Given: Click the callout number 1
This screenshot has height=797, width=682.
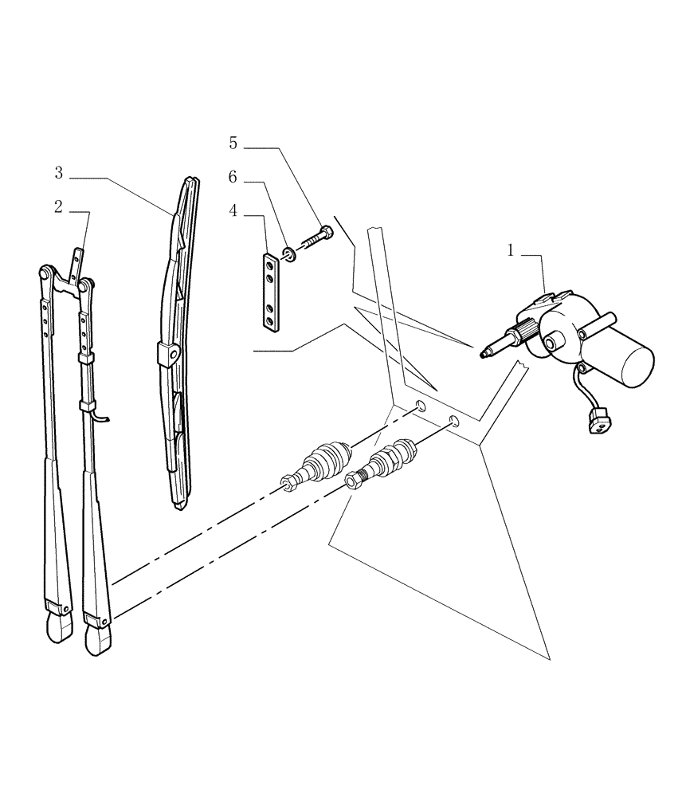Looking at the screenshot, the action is click(511, 251).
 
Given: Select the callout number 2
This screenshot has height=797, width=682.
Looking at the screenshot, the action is click(58, 207).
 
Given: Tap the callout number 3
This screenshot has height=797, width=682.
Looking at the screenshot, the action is click(59, 172).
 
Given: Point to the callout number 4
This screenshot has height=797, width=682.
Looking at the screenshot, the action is click(233, 210).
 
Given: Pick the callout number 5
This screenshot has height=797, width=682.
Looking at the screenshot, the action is click(233, 143).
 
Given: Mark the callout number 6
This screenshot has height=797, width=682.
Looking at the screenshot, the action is click(233, 178).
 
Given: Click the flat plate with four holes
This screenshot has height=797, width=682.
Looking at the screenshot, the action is click(272, 291).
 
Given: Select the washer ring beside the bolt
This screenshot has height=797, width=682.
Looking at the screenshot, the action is click(289, 254).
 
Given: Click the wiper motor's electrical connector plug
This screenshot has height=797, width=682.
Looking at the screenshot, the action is click(597, 420).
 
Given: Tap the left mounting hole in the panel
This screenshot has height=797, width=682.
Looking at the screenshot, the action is click(418, 408).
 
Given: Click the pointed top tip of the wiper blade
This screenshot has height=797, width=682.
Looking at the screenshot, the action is click(191, 180).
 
